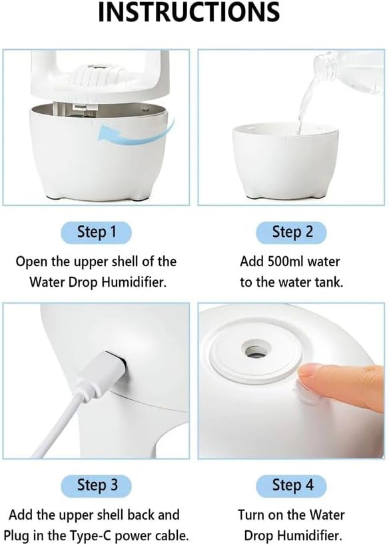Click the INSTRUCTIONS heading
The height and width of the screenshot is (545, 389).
(x=189, y=12)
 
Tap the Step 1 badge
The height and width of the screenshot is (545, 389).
(x=97, y=232)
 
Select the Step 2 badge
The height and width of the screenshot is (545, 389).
(x=292, y=232)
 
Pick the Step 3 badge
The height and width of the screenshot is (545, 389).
(x=97, y=485)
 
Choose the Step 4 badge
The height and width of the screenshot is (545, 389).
(x=292, y=485)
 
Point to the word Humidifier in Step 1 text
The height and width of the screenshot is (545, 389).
(x=135, y=281)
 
